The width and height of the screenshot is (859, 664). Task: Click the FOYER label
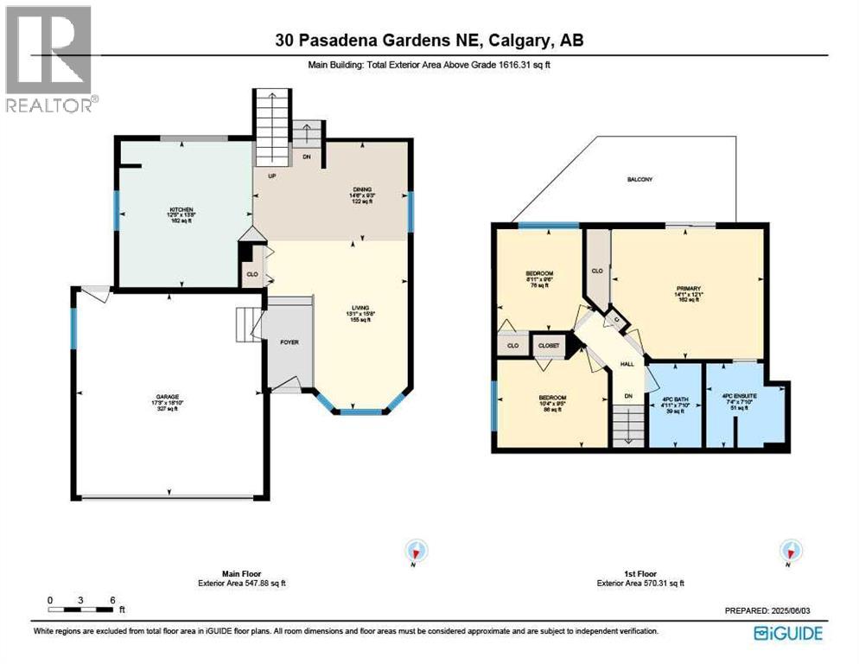click(289, 342)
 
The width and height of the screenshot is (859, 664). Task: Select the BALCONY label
click(639, 179)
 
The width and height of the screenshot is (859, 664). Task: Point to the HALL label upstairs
click(627, 364)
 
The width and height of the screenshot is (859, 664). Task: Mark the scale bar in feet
click(81, 602)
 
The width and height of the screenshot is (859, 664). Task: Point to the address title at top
click(429, 41)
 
